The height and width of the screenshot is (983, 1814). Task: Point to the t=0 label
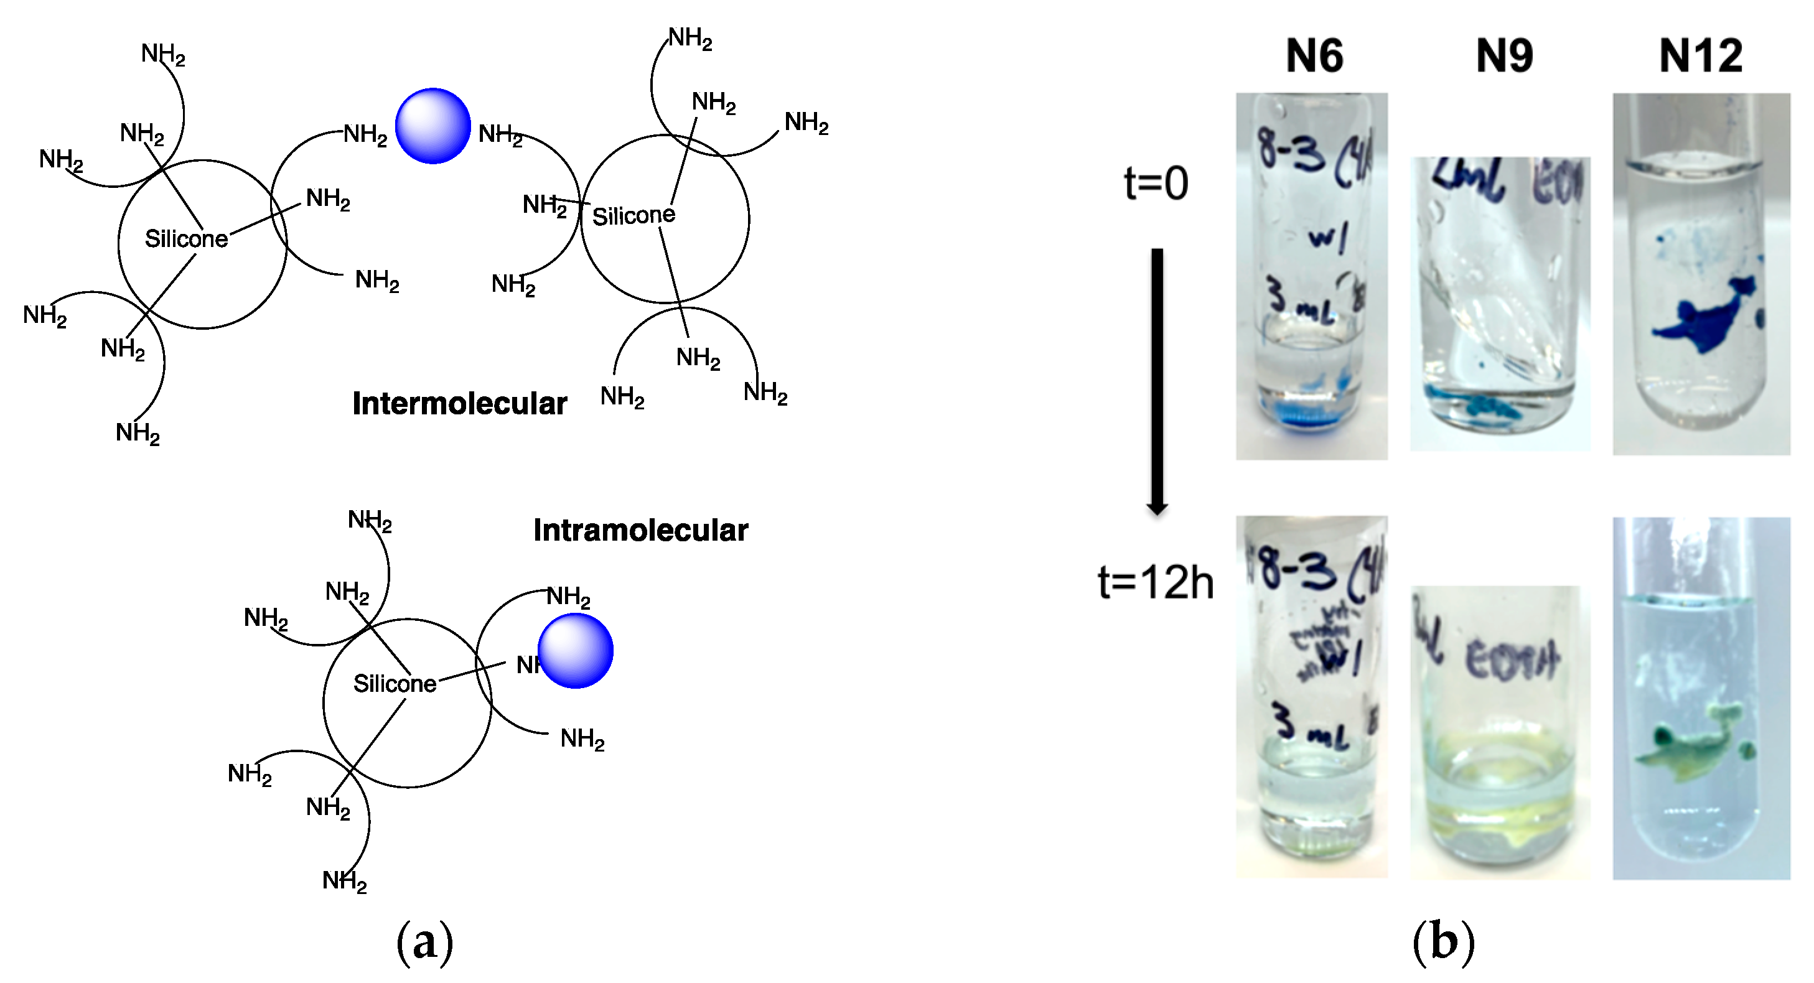point(1156,183)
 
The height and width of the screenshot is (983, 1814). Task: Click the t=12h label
point(1156,583)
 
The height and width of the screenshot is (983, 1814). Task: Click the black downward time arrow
point(1157,380)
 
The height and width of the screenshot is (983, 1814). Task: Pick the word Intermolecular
point(459,404)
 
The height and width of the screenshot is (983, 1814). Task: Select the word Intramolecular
point(640,530)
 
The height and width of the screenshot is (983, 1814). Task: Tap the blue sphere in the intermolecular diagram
point(432,126)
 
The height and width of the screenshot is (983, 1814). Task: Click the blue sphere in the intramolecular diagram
point(576,651)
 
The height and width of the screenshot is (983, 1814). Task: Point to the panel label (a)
point(424,942)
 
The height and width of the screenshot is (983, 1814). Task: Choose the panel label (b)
point(1443,942)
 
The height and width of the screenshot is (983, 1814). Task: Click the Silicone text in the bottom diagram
point(395,684)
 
